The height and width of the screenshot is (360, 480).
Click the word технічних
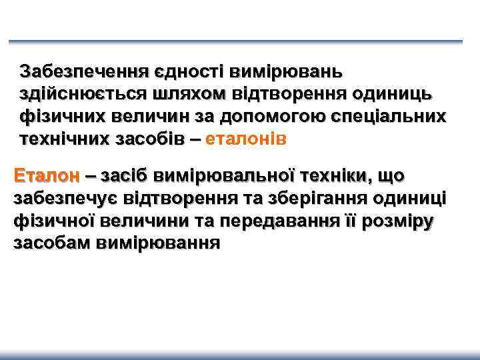tap(58, 139)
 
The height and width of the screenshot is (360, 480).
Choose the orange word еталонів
tap(247, 139)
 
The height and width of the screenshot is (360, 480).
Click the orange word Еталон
tap(46, 175)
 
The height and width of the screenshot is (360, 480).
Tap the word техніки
tap(335, 175)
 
